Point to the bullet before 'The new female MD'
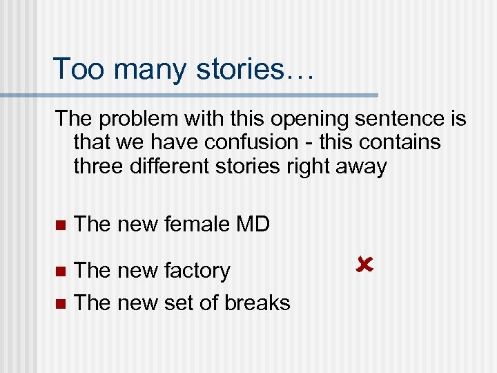[x=59, y=225]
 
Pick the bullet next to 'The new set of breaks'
[x=59, y=303]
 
